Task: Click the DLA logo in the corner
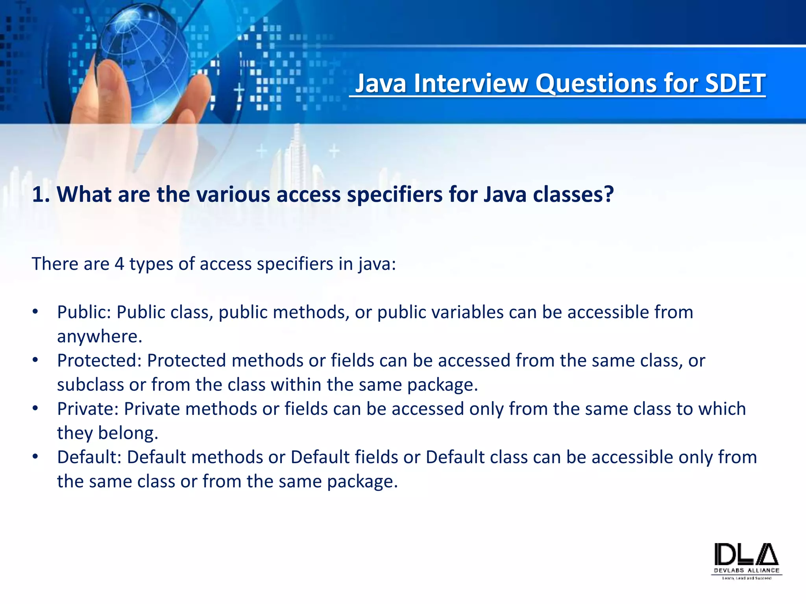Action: tap(746, 560)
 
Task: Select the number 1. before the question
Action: tap(41, 194)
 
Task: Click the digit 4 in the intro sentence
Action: tap(119, 264)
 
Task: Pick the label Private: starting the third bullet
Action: tap(88, 409)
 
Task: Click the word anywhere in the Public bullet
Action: tap(99, 337)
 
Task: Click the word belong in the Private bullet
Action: tap(128, 433)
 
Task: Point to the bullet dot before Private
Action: tap(35, 409)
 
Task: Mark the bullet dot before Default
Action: tap(35, 457)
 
